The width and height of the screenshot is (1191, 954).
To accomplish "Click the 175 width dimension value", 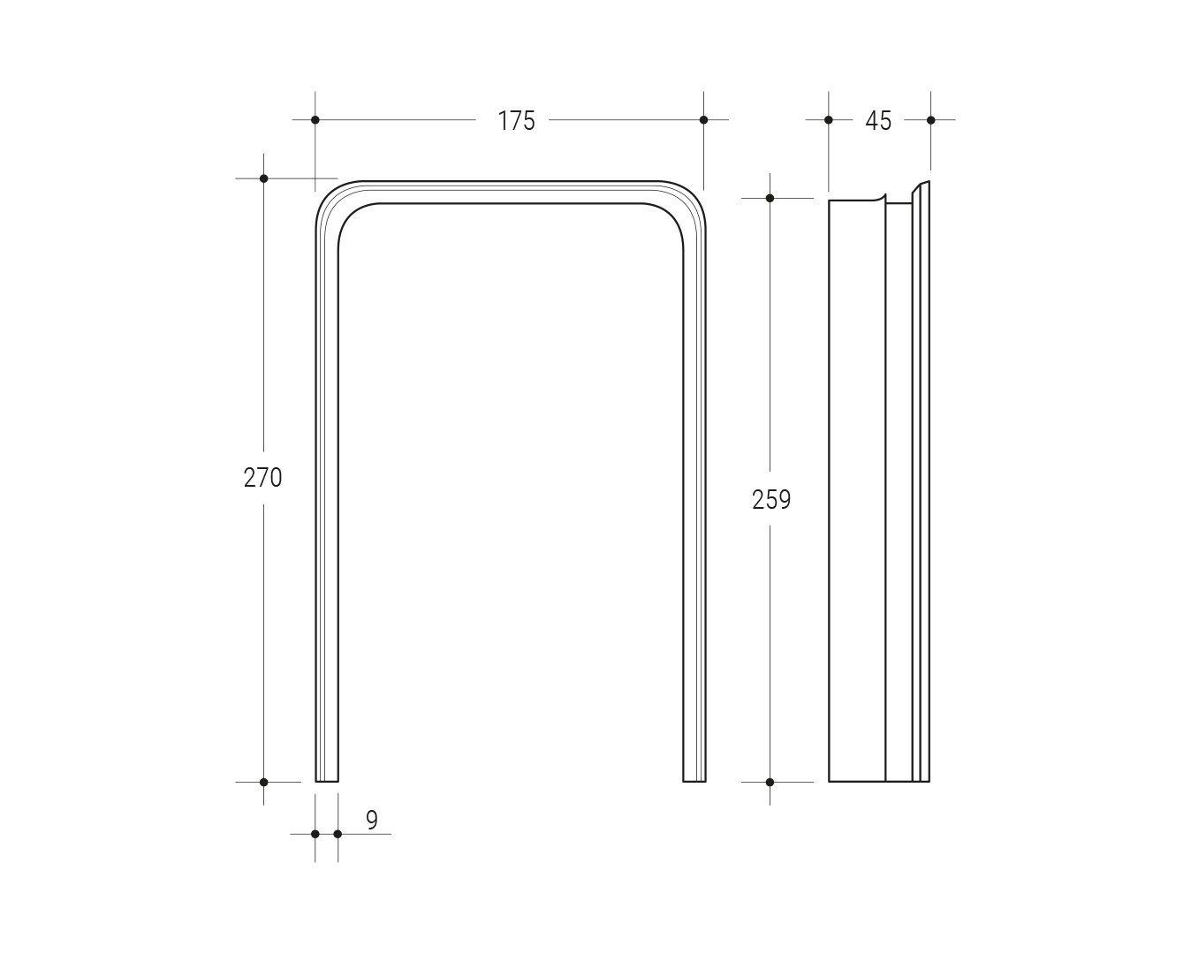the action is point(516,121).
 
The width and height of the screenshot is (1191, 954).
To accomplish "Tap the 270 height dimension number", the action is point(263,478).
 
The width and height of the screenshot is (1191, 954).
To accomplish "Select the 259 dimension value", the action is point(771,500).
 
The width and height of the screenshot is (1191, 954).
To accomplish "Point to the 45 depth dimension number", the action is point(878,121).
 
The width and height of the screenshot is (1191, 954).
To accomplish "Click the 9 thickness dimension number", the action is point(372,820).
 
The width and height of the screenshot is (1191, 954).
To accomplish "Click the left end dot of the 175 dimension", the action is point(315,120).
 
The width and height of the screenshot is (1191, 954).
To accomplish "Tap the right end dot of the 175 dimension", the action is point(704,120).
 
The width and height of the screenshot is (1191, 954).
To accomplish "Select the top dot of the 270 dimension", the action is point(263,178).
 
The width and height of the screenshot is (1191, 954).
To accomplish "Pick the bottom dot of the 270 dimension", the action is point(263,783).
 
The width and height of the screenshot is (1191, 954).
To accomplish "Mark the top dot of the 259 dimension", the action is point(770,198).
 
